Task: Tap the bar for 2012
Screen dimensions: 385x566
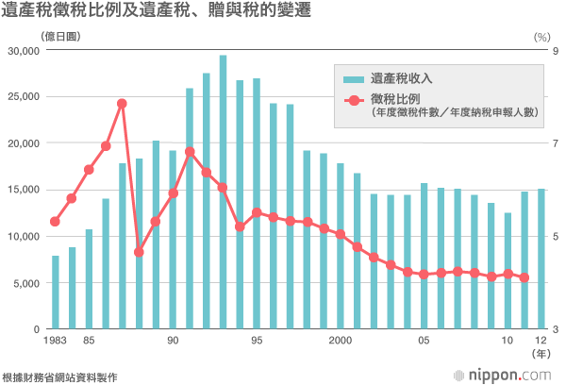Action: click(x=541, y=259)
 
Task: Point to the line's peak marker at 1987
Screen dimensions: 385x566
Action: click(x=123, y=104)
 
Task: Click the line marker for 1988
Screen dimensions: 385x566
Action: click(x=139, y=252)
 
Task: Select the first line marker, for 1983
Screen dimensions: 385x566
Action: click(x=55, y=222)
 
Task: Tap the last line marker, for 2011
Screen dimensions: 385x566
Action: click(x=524, y=277)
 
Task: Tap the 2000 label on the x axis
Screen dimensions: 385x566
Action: click(x=341, y=341)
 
